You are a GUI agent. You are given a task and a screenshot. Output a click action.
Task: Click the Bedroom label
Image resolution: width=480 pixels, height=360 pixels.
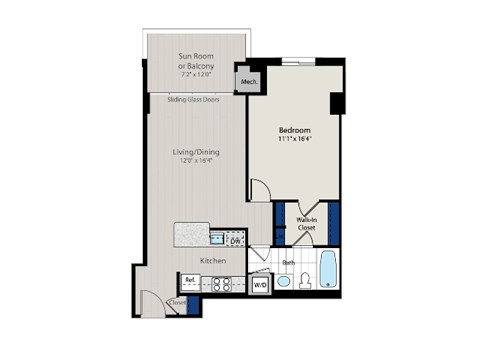click(295, 131)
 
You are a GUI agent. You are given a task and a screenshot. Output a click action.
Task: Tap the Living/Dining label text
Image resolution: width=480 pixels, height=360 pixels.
click(195, 152)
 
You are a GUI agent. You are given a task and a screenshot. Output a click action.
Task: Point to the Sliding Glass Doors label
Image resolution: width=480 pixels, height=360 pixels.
click(194, 99)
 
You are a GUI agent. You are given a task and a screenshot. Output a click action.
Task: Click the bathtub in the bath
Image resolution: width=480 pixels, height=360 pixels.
click(329, 271)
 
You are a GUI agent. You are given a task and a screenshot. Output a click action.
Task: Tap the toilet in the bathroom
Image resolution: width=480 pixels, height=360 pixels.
click(304, 281)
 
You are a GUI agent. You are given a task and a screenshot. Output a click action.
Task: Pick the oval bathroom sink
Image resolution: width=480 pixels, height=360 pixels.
click(283, 281)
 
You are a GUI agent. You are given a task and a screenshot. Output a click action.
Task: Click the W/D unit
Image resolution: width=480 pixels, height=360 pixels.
click(259, 284)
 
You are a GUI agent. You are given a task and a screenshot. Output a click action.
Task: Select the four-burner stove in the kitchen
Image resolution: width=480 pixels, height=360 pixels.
click(221, 283)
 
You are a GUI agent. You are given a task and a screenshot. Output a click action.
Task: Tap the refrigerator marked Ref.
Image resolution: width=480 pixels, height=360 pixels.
click(190, 281)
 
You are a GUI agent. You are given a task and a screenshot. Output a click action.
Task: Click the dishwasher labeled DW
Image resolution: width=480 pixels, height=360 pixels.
click(235, 241)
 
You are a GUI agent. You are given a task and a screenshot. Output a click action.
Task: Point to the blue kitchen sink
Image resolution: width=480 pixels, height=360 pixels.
click(218, 238)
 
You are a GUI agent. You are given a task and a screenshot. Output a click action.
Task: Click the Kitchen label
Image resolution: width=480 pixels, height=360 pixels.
click(212, 261)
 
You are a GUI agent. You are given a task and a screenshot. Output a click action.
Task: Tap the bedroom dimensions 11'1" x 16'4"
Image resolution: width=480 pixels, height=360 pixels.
click(295, 141)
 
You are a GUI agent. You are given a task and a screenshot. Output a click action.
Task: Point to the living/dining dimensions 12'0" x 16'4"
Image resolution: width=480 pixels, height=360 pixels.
click(195, 161)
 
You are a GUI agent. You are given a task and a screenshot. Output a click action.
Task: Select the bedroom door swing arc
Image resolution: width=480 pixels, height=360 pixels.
click(260, 190)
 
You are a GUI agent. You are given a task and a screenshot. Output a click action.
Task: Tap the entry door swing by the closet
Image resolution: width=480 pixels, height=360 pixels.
click(150, 300)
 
